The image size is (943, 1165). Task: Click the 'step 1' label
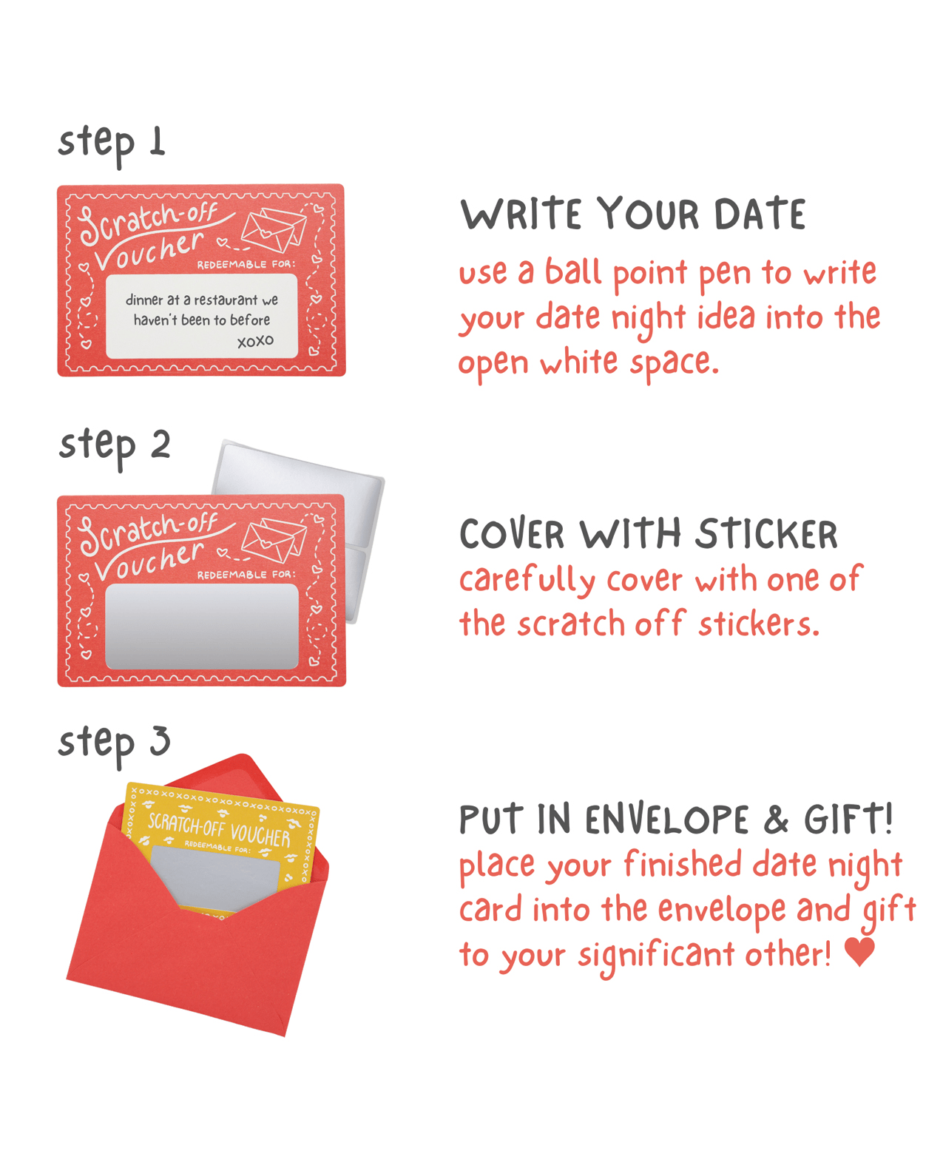(111, 145)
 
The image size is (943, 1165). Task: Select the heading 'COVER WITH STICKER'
(648, 533)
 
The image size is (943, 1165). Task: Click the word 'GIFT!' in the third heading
(848, 819)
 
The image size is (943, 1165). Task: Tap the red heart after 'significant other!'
(859, 951)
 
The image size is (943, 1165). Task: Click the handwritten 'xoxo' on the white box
(255, 341)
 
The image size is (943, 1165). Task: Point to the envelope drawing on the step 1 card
(274, 229)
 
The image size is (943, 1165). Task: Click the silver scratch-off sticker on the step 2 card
(201, 626)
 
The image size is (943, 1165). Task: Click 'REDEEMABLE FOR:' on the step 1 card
(246, 265)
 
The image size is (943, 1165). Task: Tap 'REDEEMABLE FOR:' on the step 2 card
(246, 575)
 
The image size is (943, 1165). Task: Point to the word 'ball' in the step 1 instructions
(573, 271)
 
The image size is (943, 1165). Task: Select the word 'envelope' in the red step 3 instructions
(722, 910)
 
